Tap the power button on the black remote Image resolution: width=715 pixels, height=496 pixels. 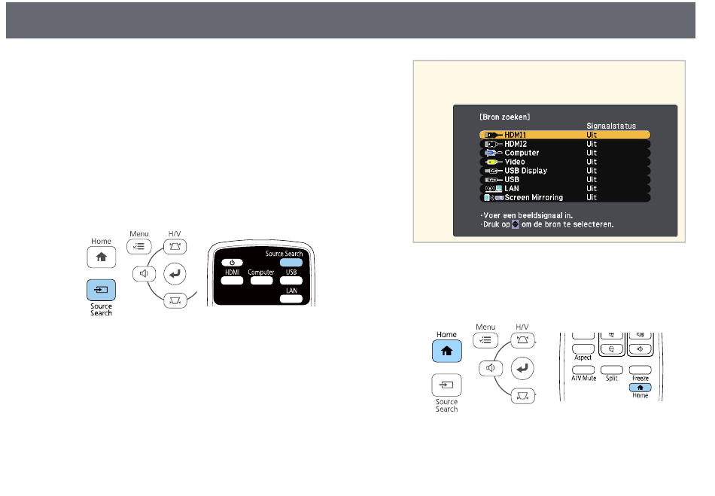[233, 262]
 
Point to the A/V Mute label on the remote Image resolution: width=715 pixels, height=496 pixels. [583, 379]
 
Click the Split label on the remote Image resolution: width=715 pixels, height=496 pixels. [611, 379]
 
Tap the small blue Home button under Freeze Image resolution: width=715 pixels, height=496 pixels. [640, 386]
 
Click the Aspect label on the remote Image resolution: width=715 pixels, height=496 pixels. [583, 358]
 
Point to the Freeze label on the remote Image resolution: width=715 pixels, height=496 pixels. [640, 378]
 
